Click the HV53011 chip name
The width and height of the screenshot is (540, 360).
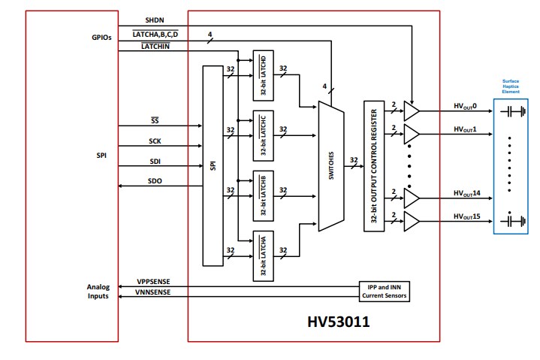(x=338, y=322)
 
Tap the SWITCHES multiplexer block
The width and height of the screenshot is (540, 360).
(x=331, y=166)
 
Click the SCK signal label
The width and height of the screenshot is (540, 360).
(x=154, y=141)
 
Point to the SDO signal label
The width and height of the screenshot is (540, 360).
(x=155, y=180)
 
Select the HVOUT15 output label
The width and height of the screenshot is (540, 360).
(x=468, y=216)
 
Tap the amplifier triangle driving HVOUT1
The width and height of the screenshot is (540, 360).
(x=412, y=135)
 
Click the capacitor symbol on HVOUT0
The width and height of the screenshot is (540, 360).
(x=514, y=113)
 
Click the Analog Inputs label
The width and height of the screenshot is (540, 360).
(x=98, y=292)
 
